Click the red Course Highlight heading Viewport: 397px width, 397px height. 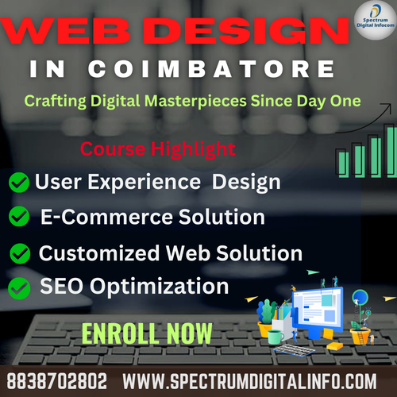[x=157, y=148]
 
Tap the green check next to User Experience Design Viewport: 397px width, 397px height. [x=19, y=183]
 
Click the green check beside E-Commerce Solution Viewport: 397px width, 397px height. [x=19, y=216]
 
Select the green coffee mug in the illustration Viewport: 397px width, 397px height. [x=275, y=337]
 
